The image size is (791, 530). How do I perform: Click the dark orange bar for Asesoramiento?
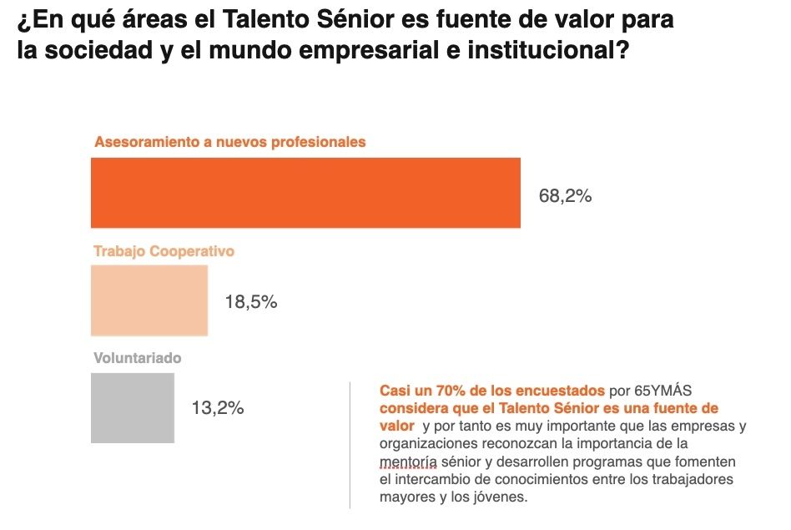coord(305,192)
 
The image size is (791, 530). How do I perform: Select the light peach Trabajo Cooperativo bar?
coord(149,300)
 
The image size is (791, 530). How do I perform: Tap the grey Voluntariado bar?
coord(132,407)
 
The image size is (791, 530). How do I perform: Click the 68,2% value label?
coord(565,196)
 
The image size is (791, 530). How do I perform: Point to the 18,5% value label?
coord(250,302)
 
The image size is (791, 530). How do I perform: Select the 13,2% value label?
coord(217,408)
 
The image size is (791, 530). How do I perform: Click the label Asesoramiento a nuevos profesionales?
coord(229,142)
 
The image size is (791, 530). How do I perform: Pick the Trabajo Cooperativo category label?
coord(164,250)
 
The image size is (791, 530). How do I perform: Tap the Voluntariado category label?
coord(138,358)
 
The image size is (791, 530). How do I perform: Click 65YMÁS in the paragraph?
coord(663,391)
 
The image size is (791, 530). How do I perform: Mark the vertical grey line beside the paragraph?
coord(350,444)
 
